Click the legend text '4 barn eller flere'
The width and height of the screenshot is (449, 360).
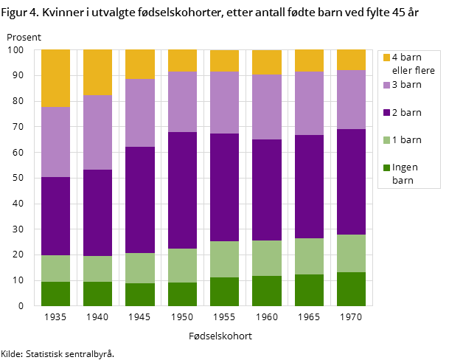(x=413, y=64)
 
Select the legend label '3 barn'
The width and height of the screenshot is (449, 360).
(x=406, y=85)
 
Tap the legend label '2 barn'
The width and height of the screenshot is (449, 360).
(x=406, y=113)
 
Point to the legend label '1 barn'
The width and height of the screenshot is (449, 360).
(x=406, y=140)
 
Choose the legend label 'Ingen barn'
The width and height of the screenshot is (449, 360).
(x=405, y=173)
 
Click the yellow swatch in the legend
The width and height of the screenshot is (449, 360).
(x=386, y=58)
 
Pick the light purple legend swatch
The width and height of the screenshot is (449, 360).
(x=386, y=85)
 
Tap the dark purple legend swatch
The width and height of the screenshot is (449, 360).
(x=386, y=113)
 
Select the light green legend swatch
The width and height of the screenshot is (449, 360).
(x=386, y=140)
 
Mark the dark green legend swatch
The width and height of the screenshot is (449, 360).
(x=386, y=167)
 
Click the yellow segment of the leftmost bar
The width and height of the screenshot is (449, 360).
(x=55, y=78)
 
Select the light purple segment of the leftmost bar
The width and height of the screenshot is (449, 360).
(x=55, y=142)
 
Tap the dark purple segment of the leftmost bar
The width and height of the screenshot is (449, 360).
(x=55, y=216)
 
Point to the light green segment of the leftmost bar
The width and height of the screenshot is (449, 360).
(x=55, y=269)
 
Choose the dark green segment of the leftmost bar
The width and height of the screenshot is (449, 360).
(x=55, y=294)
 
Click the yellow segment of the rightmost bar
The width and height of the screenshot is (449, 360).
(x=351, y=60)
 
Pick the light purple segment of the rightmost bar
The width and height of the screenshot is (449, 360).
(x=351, y=100)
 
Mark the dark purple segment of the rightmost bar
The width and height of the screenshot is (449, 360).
(x=351, y=181)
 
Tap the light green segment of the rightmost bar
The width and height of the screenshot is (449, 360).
(x=351, y=253)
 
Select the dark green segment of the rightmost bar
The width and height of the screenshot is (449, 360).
(x=351, y=288)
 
